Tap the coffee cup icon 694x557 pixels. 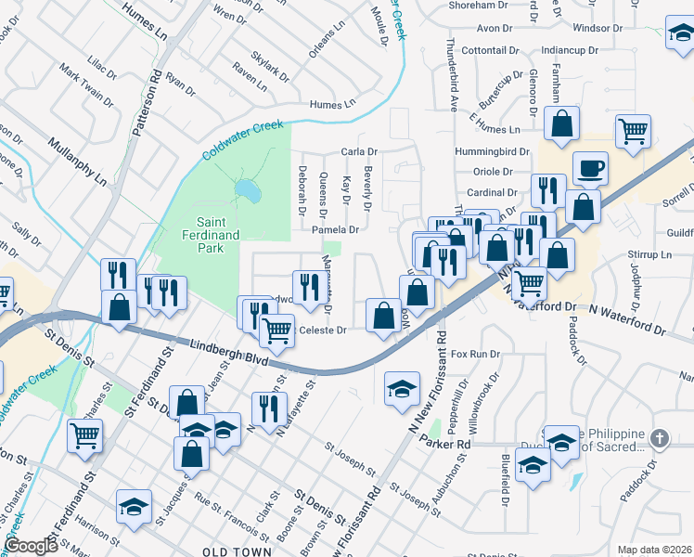[590, 169]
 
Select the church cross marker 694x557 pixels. [659, 437]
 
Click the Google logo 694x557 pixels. [32, 545]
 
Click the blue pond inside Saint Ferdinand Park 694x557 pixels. [246, 191]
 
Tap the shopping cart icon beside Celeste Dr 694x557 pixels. [276, 329]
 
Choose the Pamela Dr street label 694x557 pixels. [335, 229]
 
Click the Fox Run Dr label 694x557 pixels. [475, 355]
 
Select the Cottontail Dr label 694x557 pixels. [487, 50]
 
